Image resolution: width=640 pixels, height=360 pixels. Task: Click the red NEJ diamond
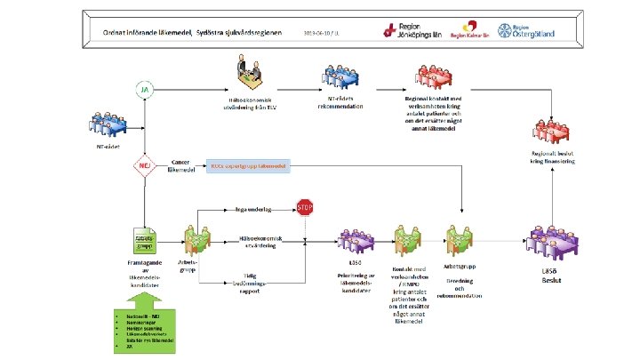pyautogui.click(x=144, y=164)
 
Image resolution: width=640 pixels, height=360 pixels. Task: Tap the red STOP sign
pyautogui.click(x=305, y=210)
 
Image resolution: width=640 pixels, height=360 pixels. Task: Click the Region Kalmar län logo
pyautogui.click(x=470, y=31)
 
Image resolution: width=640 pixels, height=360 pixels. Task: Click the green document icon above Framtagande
pyautogui.click(x=145, y=241)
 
